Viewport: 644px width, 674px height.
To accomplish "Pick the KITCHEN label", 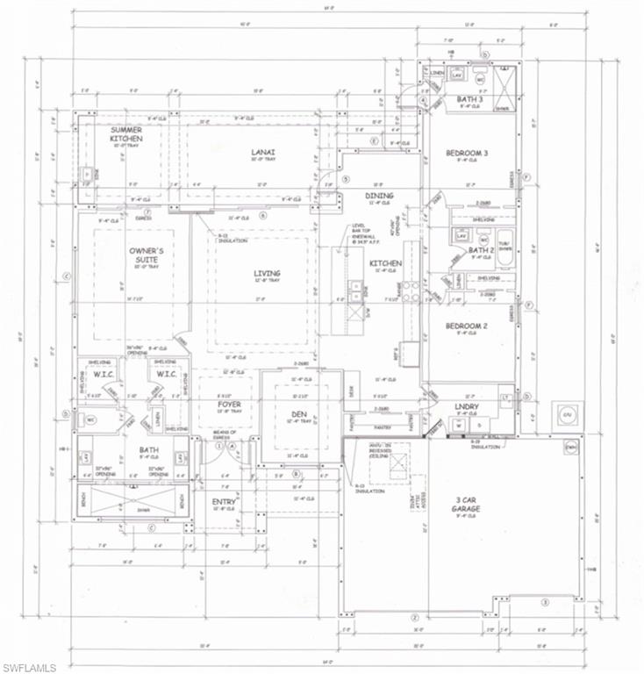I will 385,263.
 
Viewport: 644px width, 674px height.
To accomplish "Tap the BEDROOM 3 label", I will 466,154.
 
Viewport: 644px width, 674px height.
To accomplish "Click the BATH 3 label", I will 469,99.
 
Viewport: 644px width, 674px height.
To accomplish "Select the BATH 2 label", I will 480,250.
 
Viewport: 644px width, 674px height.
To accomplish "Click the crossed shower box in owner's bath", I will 130,503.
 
